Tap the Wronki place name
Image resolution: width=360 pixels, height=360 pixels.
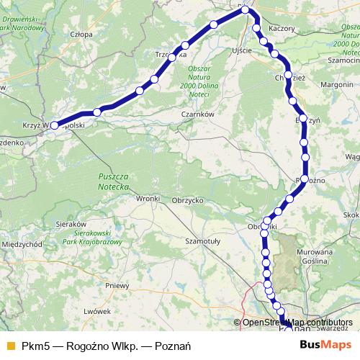pyautogui.click(x=147, y=198)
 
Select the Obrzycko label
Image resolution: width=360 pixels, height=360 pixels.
pyautogui.click(x=189, y=199)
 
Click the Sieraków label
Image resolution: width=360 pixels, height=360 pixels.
pyautogui.click(x=71, y=224)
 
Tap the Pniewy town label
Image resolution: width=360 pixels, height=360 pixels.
pyautogui.click(x=117, y=285)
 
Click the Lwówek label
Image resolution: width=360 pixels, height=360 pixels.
pyautogui.click(x=96, y=310)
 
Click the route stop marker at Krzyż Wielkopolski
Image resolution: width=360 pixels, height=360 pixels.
pyautogui.click(x=54, y=125)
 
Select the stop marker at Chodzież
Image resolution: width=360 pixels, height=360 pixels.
pyautogui.click(x=289, y=76)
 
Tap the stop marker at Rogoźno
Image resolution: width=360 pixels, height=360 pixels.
pyautogui.click(x=305, y=179)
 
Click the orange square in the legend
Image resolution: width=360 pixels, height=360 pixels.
pyautogui.click(x=10, y=346)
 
